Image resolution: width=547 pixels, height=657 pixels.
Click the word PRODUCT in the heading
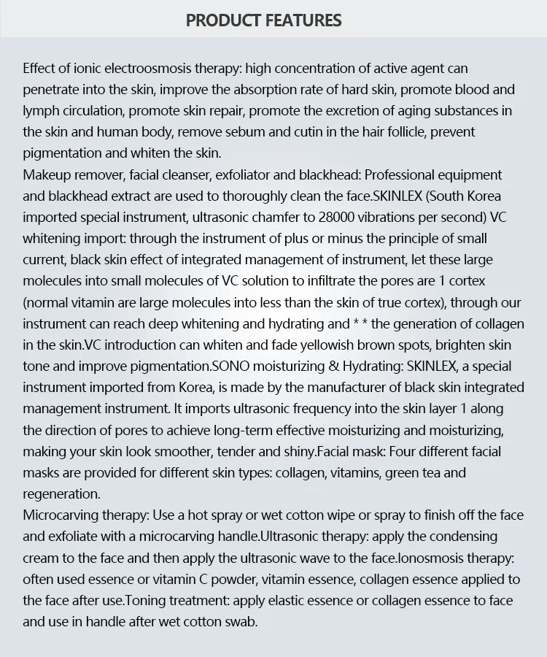tap(222, 20)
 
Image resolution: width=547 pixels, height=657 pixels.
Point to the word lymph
tap(39, 111)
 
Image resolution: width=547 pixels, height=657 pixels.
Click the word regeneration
tap(61, 493)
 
